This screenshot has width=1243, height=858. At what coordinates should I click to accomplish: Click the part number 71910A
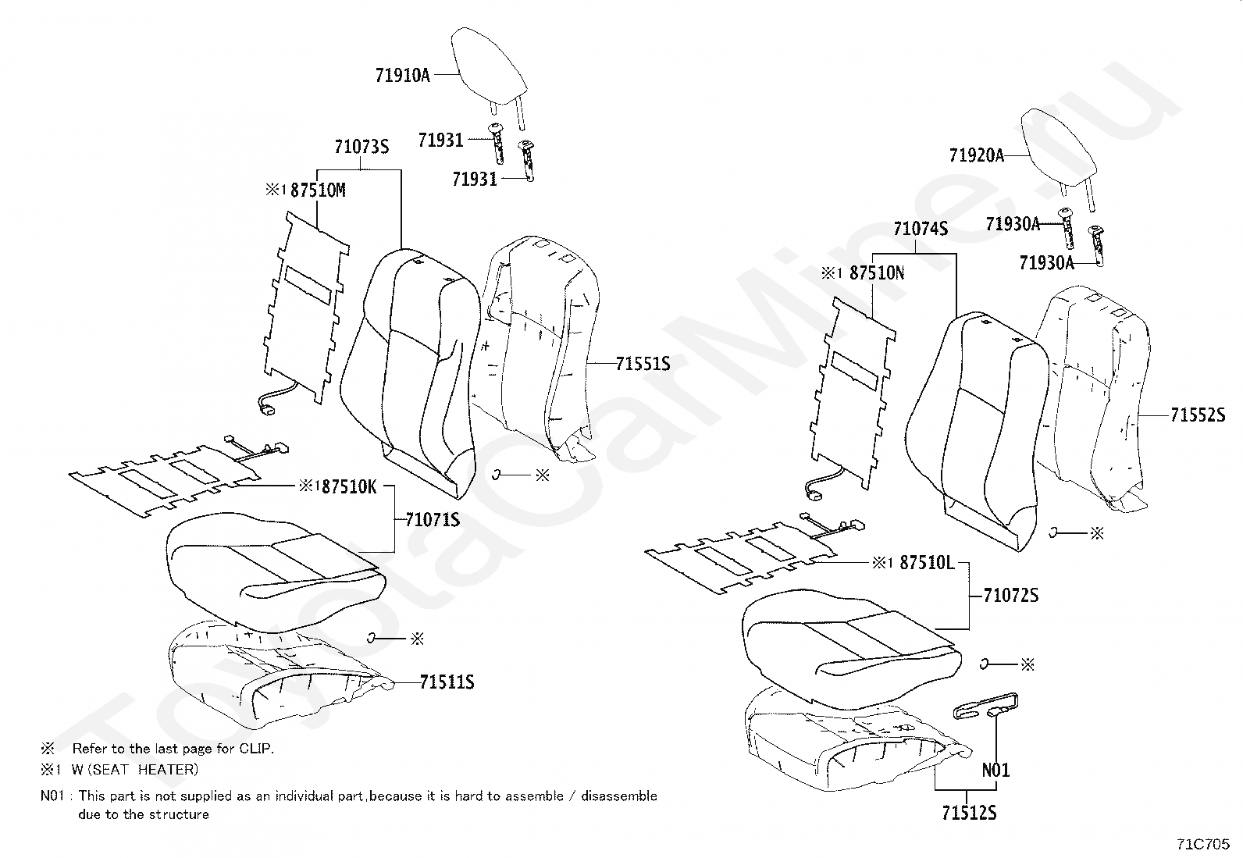pos(403,75)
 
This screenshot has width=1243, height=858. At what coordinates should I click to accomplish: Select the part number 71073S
pos(362,146)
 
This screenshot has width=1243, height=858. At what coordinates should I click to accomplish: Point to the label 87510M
pos(318,190)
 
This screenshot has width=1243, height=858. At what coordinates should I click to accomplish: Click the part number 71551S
pos(643,364)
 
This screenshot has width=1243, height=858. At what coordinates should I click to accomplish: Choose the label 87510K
pos(349,487)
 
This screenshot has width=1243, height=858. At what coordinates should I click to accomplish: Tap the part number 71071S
pos(433,519)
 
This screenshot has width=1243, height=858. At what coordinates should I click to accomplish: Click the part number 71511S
pos(447,683)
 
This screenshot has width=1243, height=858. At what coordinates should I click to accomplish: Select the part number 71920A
pos(976,155)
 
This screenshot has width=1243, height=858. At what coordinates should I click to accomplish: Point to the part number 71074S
pos(921,229)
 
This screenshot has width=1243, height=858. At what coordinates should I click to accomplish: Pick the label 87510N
pos(877,272)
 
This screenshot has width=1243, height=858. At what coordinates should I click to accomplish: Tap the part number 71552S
pos(1198,415)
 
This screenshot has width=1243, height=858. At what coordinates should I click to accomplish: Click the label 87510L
pos(927,562)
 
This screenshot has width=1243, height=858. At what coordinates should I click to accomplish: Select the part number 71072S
pos(1011,596)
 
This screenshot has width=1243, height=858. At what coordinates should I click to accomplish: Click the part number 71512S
pos(969,813)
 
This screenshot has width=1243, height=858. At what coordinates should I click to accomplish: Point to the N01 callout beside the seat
pos(995,771)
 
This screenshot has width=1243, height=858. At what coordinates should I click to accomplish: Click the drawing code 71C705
pos(1203,844)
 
